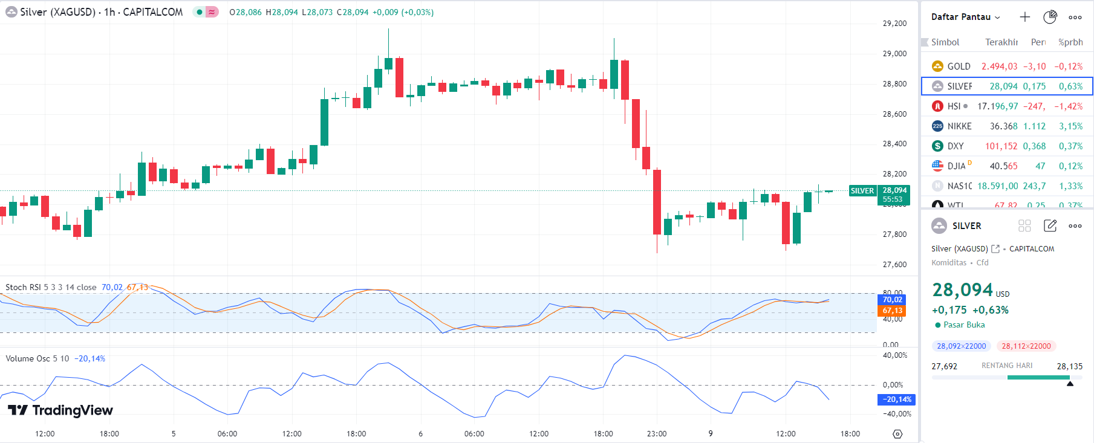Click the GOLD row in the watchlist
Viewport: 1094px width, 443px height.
pyautogui.click(x=1006, y=66)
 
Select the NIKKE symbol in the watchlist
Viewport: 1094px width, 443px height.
pyautogui.click(x=959, y=126)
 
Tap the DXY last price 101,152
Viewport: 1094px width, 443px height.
pyautogui.click(x=1001, y=146)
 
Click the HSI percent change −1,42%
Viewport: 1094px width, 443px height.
pyautogui.click(x=1068, y=106)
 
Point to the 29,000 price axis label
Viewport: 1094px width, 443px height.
pyautogui.click(x=894, y=54)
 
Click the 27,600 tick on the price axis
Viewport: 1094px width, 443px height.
pyautogui.click(x=894, y=265)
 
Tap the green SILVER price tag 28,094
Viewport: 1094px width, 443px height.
pyautogui.click(x=894, y=195)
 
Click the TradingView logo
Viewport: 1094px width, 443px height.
pyautogui.click(x=60, y=410)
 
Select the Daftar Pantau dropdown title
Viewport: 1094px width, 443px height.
pyautogui.click(x=965, y=17)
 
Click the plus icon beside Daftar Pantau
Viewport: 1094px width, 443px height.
pyautogui.click(x=1024, y=17)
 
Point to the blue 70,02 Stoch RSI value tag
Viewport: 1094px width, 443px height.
pyautogui.click(x=892, y=300)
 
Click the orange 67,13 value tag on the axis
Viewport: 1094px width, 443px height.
pyautogui.click(x=892, y=311)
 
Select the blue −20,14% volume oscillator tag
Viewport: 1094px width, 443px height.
pyautogui.click(x=896, y=399)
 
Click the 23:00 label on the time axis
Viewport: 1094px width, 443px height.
pyautogui.click(x=657, y=434)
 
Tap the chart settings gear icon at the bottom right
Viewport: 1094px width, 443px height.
pyautogui.click(x=897, y=434)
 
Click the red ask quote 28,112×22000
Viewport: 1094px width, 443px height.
pyautogui.click(x=1026, y=346)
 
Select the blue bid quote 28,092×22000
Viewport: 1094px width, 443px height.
pyautogui.click(x=962, y=346)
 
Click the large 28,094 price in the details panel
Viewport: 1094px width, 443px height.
pyautogui.click(x=963, y=291)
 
